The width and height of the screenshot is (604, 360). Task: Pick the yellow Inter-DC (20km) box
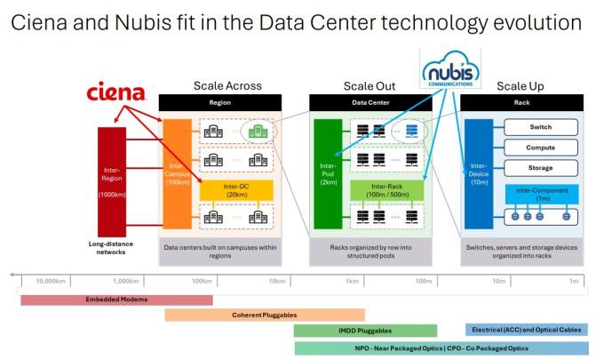point(235,190)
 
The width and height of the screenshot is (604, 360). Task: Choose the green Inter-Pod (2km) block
point(328,172)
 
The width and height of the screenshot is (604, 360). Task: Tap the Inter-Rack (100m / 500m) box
point(386,190)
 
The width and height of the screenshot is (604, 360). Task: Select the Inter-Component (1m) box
point(542,192)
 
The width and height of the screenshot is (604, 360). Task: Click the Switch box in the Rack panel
point(541,127)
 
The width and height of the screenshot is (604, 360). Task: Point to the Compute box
point(541,147)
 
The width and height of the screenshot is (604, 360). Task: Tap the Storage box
point(541,167)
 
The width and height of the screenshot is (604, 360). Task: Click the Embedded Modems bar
point(116,300)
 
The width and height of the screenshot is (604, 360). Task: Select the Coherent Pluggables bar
point(265,315)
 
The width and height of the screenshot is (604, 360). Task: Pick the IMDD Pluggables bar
point(365,331)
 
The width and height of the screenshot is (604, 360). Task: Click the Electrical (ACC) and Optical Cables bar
point(527,331)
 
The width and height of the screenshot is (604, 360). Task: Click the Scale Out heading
point(370,86)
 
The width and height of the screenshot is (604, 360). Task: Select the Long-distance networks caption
point(112,246)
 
